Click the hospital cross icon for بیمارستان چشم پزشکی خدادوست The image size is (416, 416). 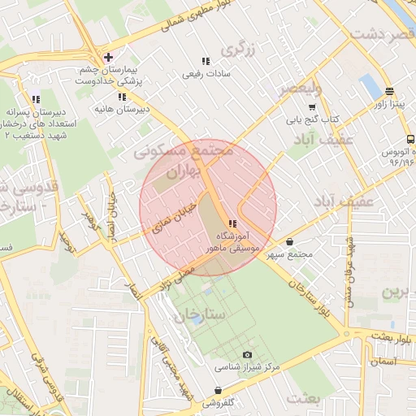point(108,57)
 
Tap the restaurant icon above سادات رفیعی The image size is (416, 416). point(205,61)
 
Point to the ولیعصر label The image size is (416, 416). point(301,89)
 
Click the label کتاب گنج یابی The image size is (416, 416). point(310,119)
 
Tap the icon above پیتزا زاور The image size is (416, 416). point(389,92)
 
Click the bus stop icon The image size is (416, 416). point(410,139)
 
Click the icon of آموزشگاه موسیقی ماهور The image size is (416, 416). point(233,223)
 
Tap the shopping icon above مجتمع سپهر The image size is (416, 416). point(290,241)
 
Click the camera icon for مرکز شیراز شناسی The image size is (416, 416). point(248,355)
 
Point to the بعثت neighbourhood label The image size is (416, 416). point(305,397)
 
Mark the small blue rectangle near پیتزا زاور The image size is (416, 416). point(370,85)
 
